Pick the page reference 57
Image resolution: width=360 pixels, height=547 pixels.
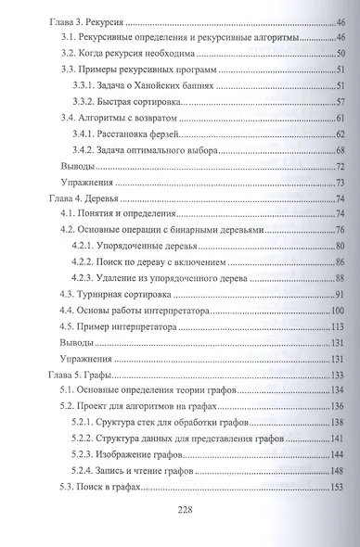coord(340,101)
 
